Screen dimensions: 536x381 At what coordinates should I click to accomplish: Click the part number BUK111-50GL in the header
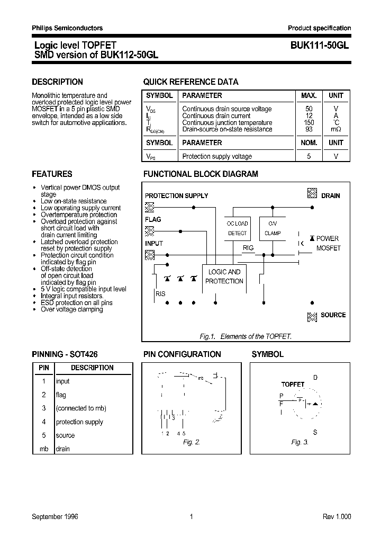[x=320, y=46]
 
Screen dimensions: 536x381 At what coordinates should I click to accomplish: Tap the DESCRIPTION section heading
[x=57, y=82]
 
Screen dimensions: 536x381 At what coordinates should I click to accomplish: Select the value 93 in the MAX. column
[x=309, y=129]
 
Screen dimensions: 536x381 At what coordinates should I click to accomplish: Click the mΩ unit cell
[x=336, y=129]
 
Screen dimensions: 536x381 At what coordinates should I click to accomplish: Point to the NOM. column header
[x=309, y=143]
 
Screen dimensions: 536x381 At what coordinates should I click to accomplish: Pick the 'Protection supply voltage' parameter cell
[x=217, y=157]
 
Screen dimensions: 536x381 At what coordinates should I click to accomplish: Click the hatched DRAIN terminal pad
[x=312, y=194]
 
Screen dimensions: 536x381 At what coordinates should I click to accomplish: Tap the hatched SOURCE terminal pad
[x=312, y=316]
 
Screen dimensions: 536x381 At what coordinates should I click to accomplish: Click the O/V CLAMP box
[x=273, y=228]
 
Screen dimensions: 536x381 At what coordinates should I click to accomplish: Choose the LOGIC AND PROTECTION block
[x=224, y=276]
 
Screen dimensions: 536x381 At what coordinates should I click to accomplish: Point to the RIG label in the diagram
[x=248, y=248]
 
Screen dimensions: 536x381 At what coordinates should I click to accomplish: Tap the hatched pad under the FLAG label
[x=150, y=230]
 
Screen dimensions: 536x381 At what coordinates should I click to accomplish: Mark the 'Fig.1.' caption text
[x=206, y=336]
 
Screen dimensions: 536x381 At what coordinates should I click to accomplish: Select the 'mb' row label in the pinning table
[x=43, y=449]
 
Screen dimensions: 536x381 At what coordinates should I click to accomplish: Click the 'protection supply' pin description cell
[x=79, y=422]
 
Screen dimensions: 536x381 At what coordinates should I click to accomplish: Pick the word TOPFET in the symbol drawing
[x=293, y=385]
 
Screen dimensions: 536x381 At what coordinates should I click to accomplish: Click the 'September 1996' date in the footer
[x=55, y=517]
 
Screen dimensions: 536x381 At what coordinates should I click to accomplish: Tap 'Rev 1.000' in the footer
[x=337, y=517]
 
